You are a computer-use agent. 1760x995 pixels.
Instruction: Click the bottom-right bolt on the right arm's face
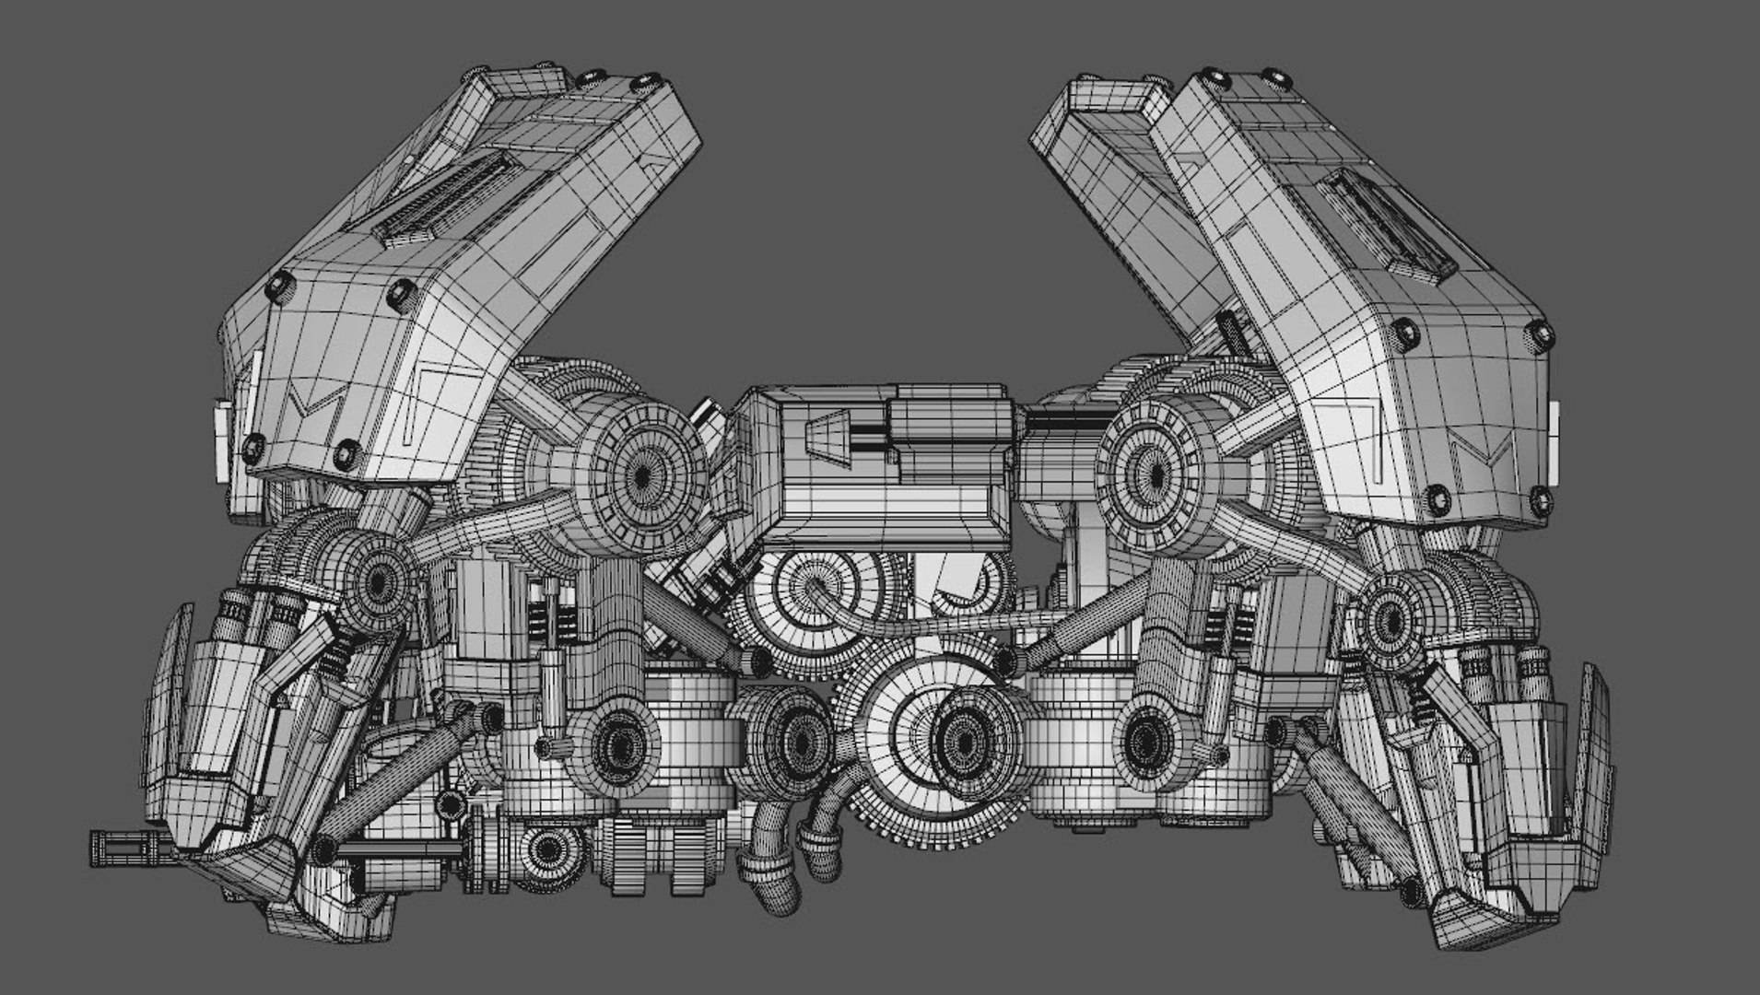pyautogui.click(x=1538, y=502)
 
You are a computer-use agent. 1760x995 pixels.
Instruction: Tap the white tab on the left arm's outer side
pyautogui.click(x=224, y=442)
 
